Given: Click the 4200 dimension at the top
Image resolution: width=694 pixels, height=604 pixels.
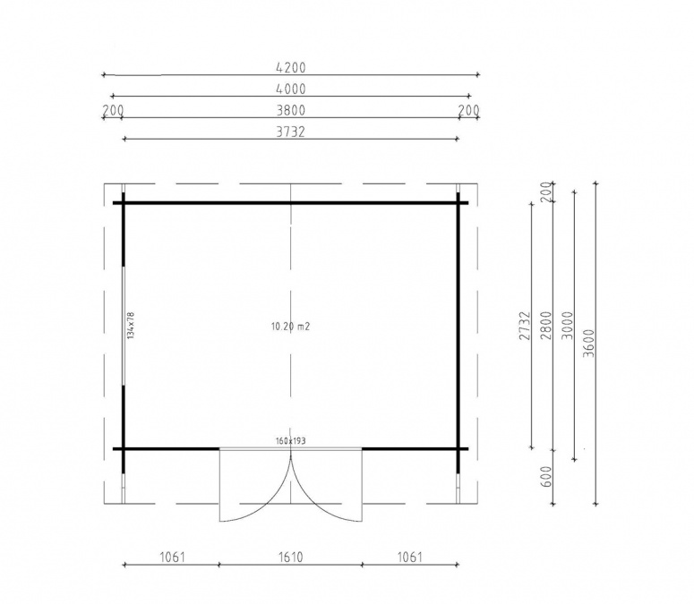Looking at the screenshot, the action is click(291, 68).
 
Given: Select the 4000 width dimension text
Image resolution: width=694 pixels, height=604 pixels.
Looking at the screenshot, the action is click(291, 89).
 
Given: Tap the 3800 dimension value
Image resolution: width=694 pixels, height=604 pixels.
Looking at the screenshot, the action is click(291, 110).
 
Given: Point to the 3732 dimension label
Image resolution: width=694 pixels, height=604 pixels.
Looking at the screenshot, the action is click(291, 132).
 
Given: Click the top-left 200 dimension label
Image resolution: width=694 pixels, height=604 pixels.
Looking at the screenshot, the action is click(113, 110).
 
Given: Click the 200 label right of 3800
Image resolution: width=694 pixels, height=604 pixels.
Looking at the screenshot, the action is click(468, 110).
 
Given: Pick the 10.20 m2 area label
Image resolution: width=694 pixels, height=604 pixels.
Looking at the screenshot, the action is click(290, 327).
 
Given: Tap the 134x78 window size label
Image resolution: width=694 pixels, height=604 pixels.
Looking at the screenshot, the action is click(130, 326).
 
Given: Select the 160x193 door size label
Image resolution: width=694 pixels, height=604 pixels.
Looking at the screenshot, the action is click(291, 441).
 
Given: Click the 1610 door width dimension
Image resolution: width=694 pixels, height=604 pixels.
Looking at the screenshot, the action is click(291, 557).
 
